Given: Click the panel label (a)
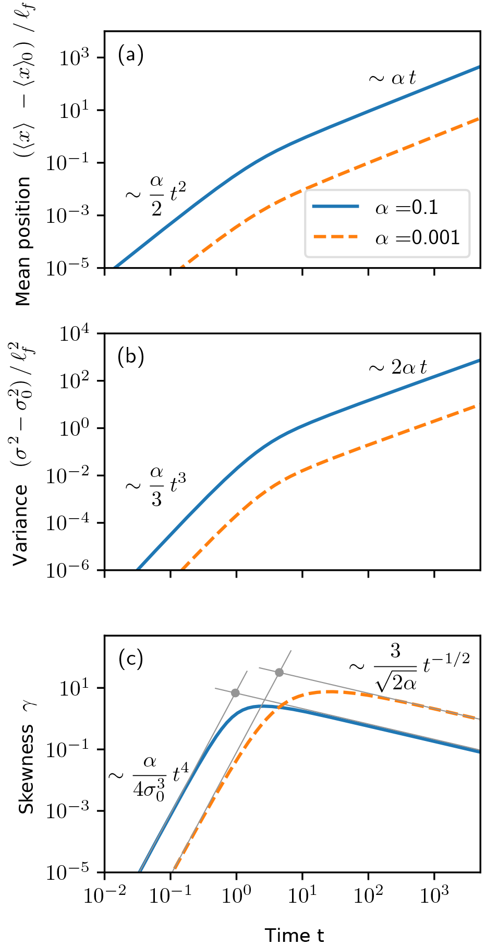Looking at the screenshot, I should pyautogui.click(x=130, y=55).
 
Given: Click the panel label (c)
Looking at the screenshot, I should pyautogui.click(x=130, y=659).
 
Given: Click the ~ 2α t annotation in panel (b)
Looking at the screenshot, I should pyautogui.click(x=397, y=367).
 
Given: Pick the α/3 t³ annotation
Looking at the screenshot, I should pyautogui.click(x=155, y=486).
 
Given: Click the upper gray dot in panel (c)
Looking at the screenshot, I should pyautogui.click(x=279, y=673).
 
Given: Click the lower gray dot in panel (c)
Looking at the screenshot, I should pyautogui.click(x=235, y=693).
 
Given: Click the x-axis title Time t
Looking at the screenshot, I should pyautogui.click(x=294, y=935).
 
